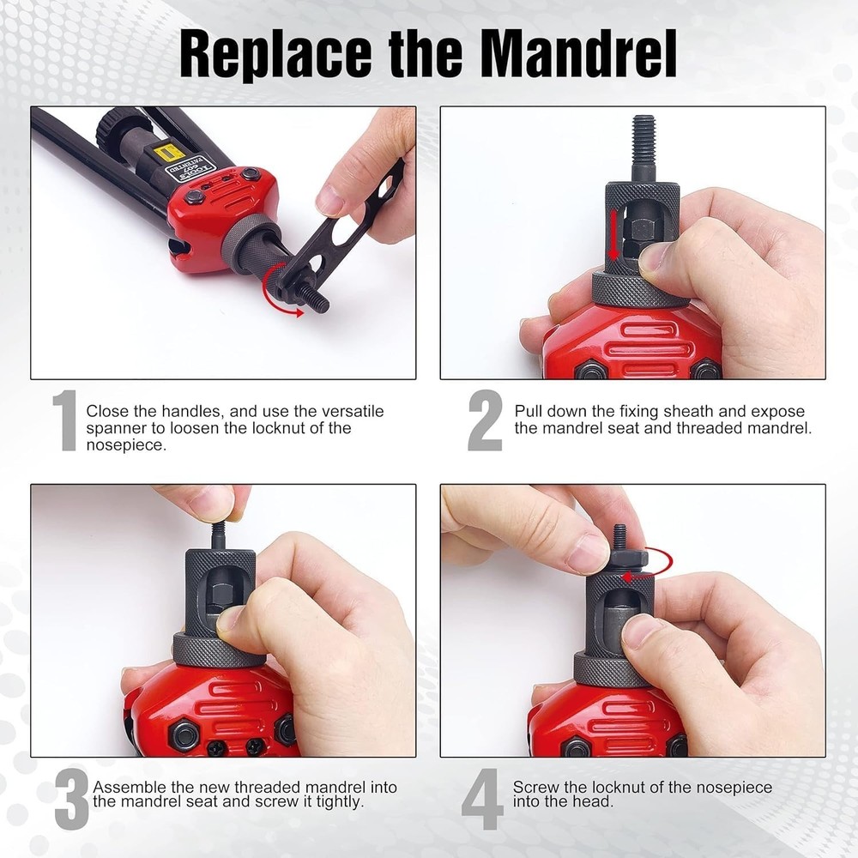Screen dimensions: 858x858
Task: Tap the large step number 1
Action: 65,421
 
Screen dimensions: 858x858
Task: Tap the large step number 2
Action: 485,421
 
